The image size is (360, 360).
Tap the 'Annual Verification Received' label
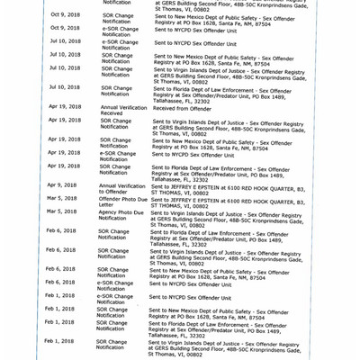(121, 110)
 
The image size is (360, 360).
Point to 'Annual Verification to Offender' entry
(121, 188)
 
